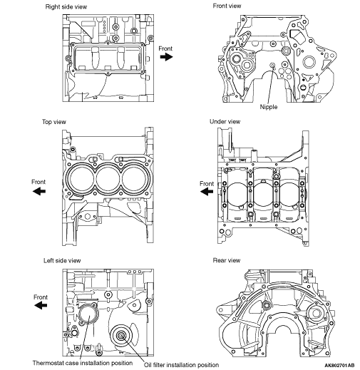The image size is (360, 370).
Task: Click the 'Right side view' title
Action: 66,6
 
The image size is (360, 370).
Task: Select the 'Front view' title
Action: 227,6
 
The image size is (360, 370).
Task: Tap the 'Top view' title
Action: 54,122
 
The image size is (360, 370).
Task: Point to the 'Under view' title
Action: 225,122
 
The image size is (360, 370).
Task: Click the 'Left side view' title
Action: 62,261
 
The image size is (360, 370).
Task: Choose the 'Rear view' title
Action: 227,260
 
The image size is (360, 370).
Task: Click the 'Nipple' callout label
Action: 269,107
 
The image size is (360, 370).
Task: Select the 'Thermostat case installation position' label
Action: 83,363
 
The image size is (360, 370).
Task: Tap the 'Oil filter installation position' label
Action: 181,365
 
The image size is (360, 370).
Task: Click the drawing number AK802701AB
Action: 339,365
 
